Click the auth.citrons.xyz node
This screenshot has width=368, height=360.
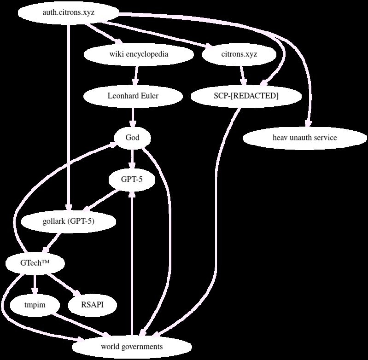(x=69, y=12)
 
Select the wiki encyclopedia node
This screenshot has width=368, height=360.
(x=139, y=54)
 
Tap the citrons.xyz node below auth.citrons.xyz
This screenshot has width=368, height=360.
(x=239, y=54)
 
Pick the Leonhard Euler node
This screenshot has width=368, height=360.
(x=133, y=96)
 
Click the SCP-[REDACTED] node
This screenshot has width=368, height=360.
(x=246, y=96)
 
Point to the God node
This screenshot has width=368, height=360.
(x=133, y=138)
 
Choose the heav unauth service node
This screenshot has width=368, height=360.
(x=305, y=138)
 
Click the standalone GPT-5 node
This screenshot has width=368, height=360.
(x=132, y=180)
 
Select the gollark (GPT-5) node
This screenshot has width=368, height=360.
(x=69, y=221)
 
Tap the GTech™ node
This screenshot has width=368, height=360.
(x=35, y=263)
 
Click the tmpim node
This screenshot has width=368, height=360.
(x=35, y=305)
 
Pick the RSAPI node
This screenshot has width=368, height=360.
(x=92, y=305)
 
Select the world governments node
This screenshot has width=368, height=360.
(x=132, y=347)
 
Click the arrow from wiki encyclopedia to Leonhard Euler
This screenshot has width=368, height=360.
(x=136, y=75)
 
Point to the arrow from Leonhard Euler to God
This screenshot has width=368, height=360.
(x=133, y=117)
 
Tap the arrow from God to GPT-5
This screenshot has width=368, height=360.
(x=133, y=159)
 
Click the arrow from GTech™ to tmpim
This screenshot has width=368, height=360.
(x=35, y=284)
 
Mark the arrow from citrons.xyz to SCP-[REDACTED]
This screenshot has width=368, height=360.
(x=243, y=75)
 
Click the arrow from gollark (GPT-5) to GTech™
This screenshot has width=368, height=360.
(x=53, y=243)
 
